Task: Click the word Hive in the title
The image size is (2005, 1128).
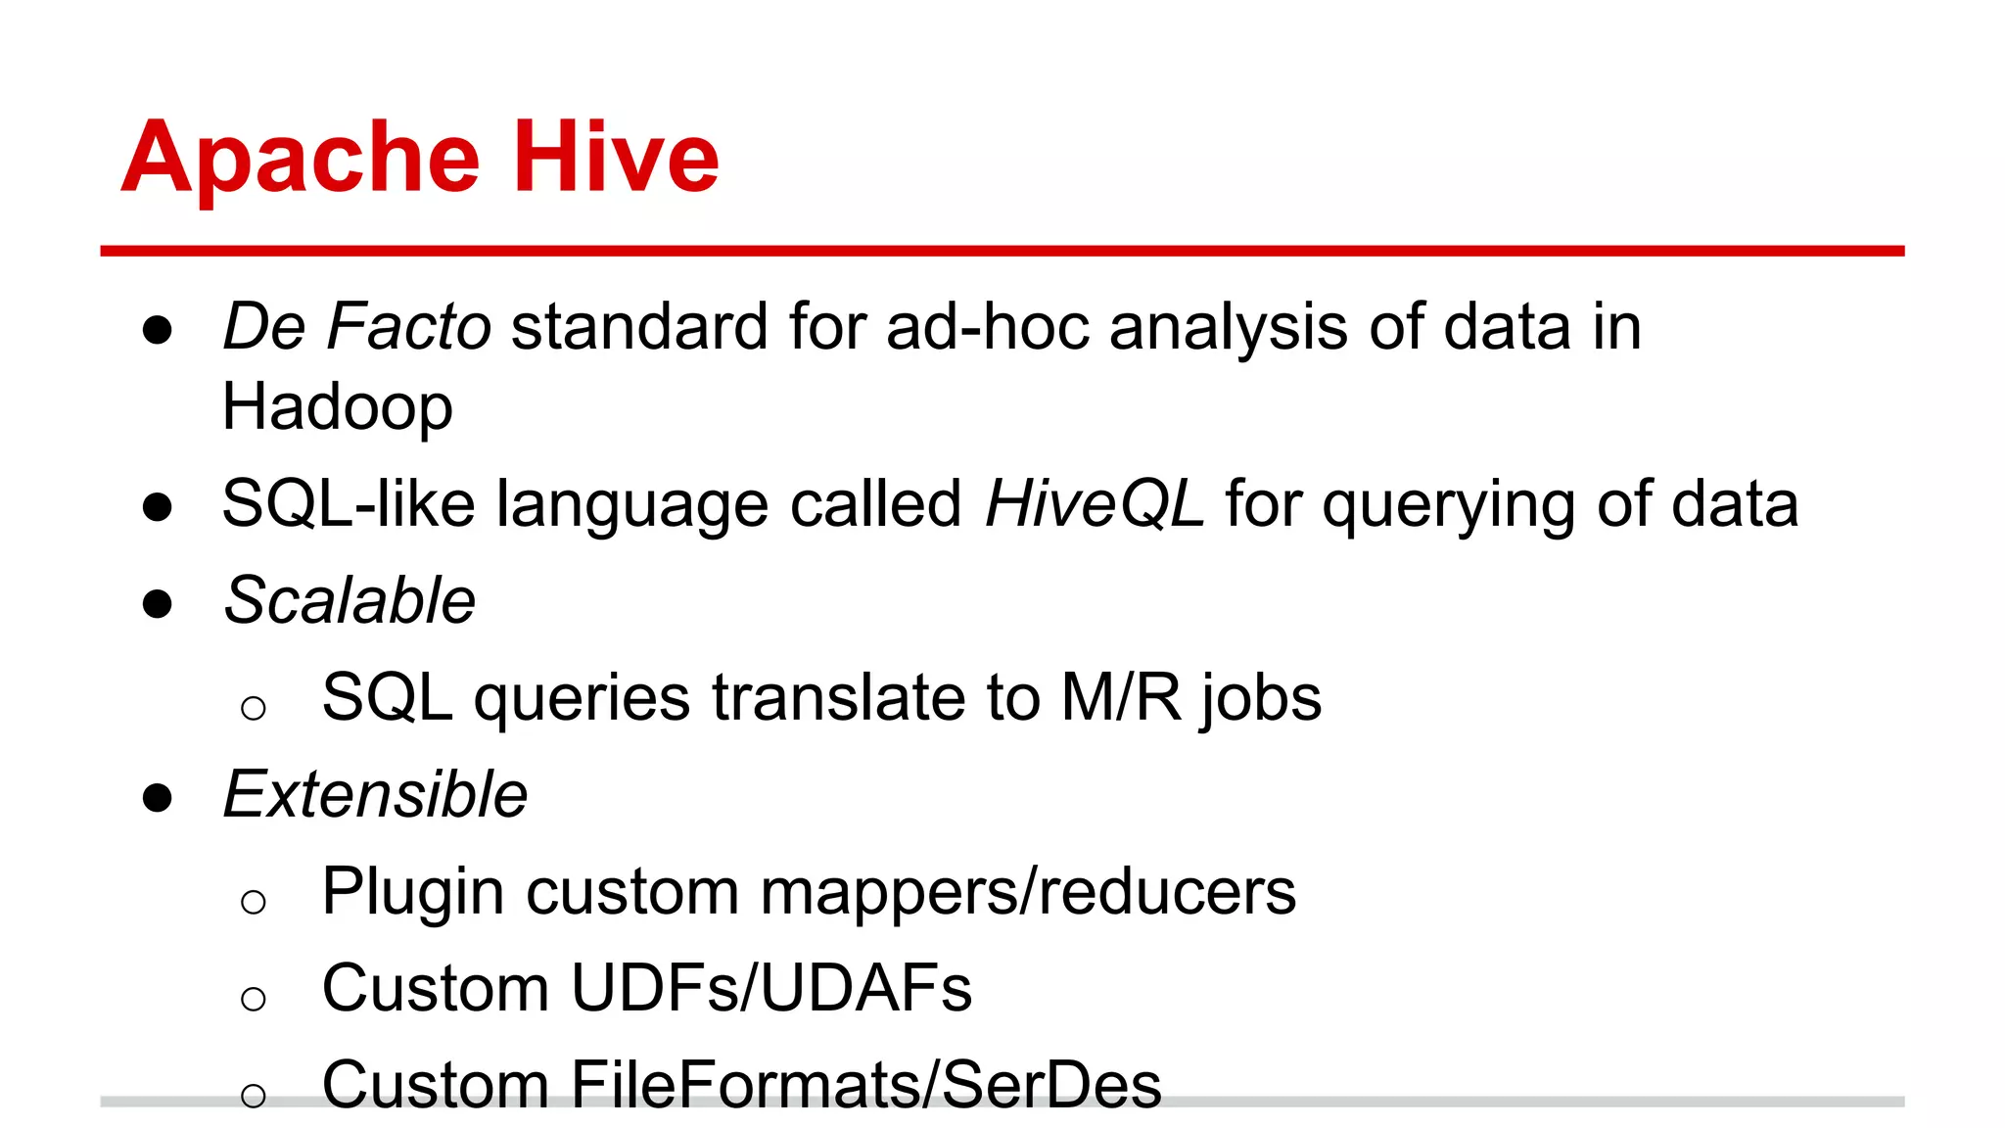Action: coord(616,157)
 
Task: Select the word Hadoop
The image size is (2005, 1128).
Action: coord(337,406)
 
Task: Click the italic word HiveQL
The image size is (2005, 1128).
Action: coord(1094,504)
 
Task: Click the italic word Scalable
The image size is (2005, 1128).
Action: coord(350,600)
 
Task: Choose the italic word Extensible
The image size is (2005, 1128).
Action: coord(375,794)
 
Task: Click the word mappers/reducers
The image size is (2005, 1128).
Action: coord(1028,892)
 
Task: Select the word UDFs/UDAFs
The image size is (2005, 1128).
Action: coord(771,988)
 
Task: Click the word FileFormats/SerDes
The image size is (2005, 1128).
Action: coord(865,1084)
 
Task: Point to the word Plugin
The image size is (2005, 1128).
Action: coord(413,892)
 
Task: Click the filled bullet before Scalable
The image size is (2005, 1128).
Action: coord(158,604)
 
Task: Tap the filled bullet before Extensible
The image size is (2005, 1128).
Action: coord(158,798)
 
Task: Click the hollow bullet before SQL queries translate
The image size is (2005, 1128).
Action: coord(254,708)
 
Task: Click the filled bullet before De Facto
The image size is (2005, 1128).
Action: coord(158,330)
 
